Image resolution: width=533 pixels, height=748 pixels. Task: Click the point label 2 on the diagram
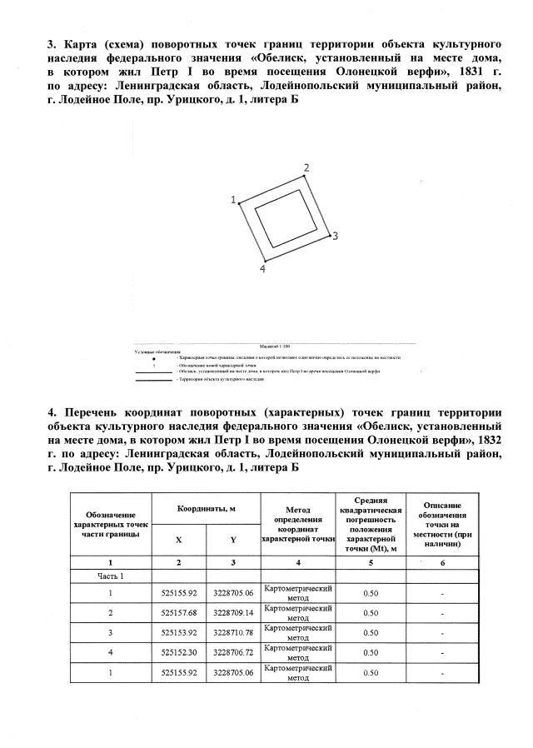tap(306, 168)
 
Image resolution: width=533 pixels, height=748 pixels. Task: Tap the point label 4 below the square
tap(262, 269)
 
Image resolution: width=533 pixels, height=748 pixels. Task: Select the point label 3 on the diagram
tap(335, 237)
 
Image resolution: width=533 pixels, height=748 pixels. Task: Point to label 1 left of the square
tap(233, 200)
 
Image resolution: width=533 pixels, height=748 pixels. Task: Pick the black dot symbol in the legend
tap(153, 357)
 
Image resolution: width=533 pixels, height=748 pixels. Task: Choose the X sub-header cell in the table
tap(179, 540)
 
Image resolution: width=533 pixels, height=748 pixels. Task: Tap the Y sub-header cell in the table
tap(233, 540)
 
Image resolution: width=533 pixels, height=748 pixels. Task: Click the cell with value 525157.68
tap(179, 613)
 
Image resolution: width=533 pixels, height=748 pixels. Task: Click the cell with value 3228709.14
tap(233, 613)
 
